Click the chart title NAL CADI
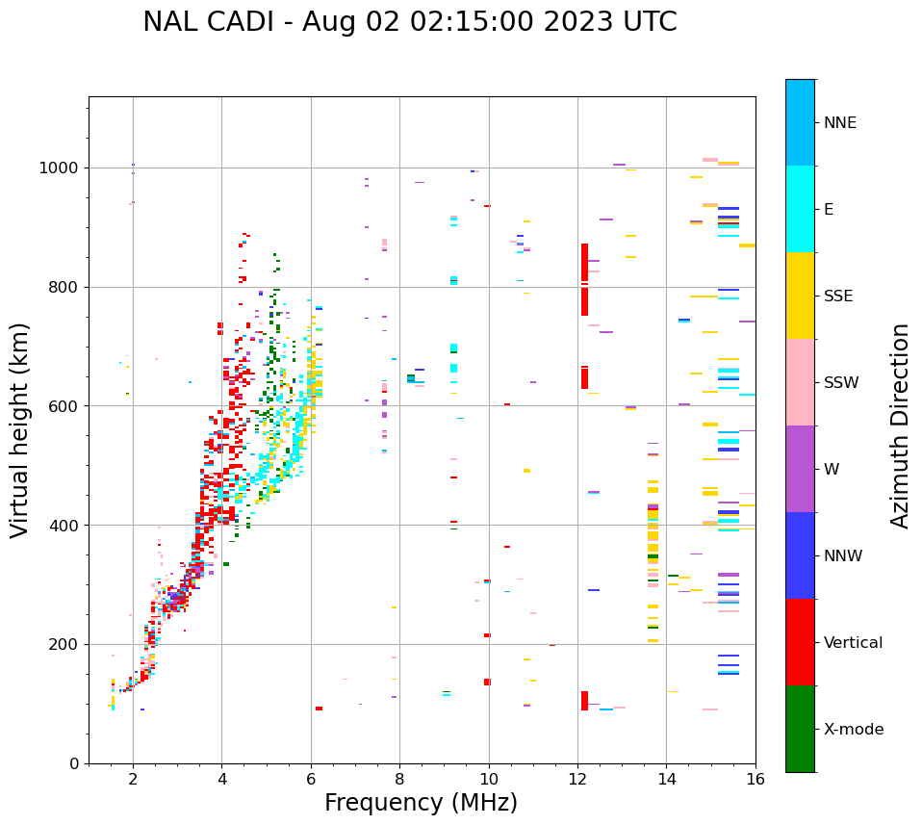click(x=409, y=22)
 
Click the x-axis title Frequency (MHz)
click(x=421, y=803)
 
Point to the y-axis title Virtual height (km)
click(x=20, y=429)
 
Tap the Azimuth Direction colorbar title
click(x=900, y=425)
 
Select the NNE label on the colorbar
click(x=839, y=123)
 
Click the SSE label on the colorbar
click(x=837, y=296)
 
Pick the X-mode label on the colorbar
click(x=853, y=729)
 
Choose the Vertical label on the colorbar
click(x=853, y=642)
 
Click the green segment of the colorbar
click(x=800, y=729)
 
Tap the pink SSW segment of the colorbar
click(x=800, y=382)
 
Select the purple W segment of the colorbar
click(x=800, y=469)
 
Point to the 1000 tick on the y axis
click(x=63, y=168)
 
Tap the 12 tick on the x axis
click(x=577, y=778)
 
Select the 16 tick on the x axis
click(x=756, y=778)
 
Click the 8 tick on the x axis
click(x=399, y=778)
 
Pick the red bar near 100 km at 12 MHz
click(x=584, y=701)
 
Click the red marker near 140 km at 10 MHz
click(x=487, y=682)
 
